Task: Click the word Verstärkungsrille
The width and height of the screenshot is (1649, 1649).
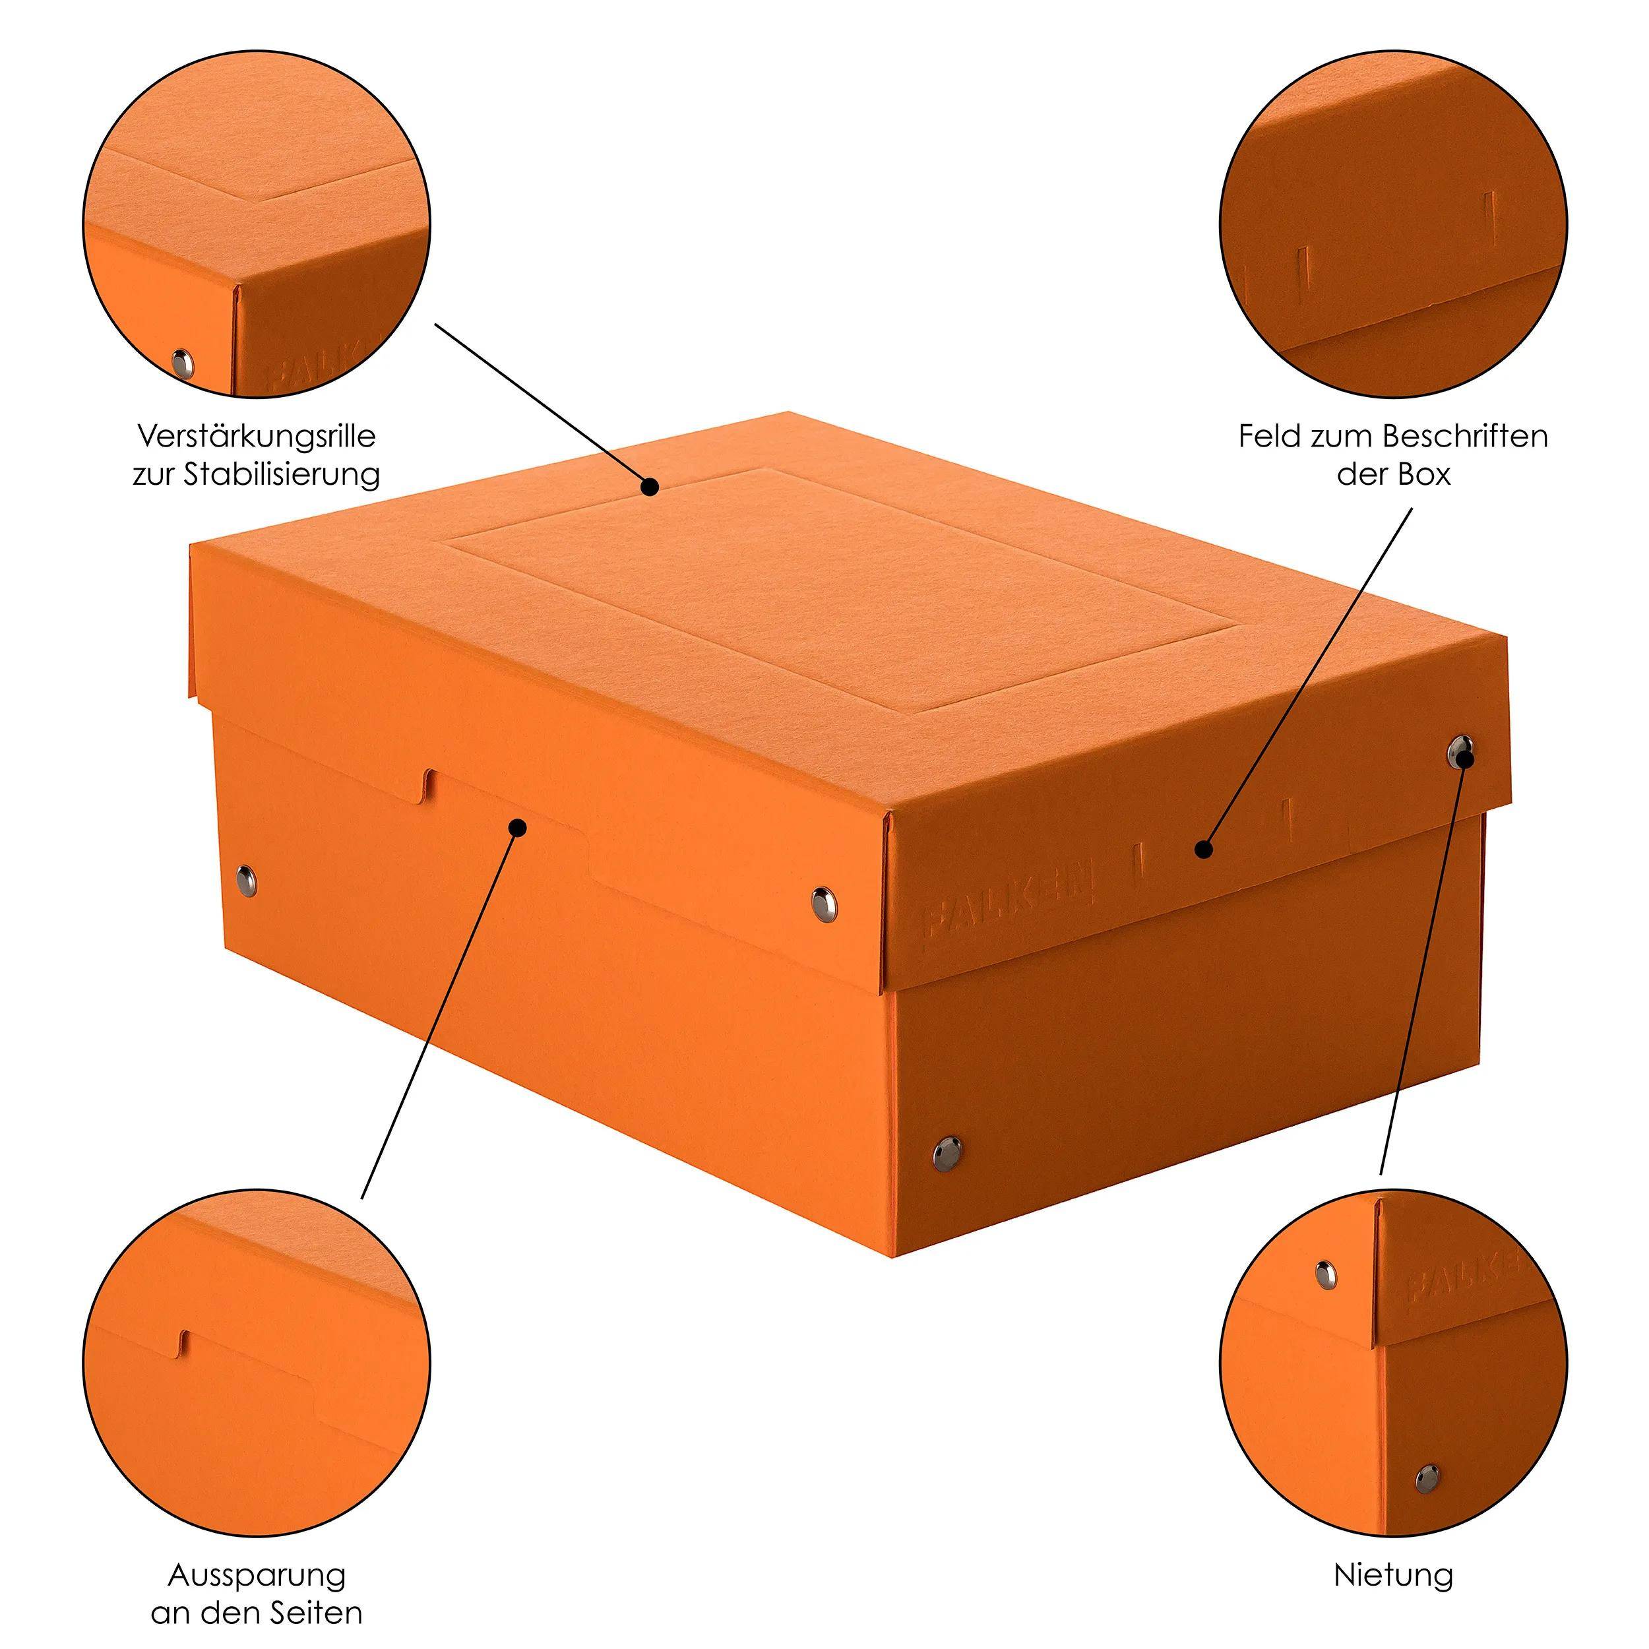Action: (256, 437)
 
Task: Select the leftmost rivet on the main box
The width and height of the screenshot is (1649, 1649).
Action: (245, 874)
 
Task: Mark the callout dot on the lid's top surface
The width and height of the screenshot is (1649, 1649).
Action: (650, 487)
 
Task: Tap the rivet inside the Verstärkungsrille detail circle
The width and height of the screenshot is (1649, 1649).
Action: (183, 363)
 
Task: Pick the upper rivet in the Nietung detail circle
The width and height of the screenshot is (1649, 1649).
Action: (1326, 1274)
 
